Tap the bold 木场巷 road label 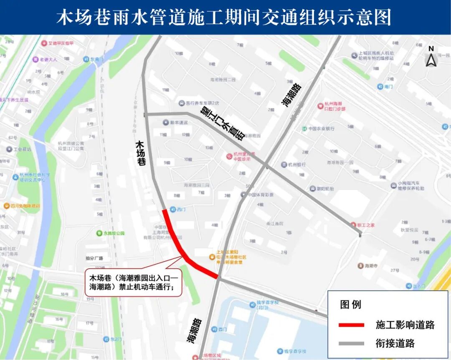[x=141, y=154]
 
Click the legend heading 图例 [x=350, y=304]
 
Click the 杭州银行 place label [x=296, y=164]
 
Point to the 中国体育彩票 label [x=260, y=195]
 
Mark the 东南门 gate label [x=96, y=59]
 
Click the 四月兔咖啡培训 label [x=26, y=206]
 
